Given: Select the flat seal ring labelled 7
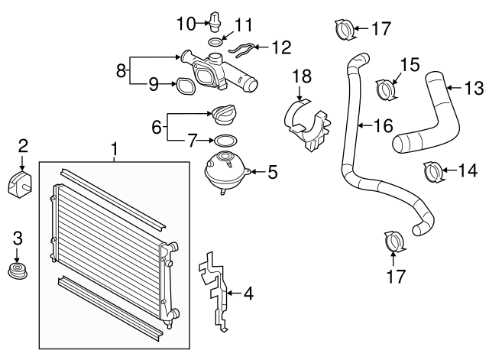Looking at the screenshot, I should [x=224, y=141].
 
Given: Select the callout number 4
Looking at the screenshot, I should [x=248, y=292].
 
